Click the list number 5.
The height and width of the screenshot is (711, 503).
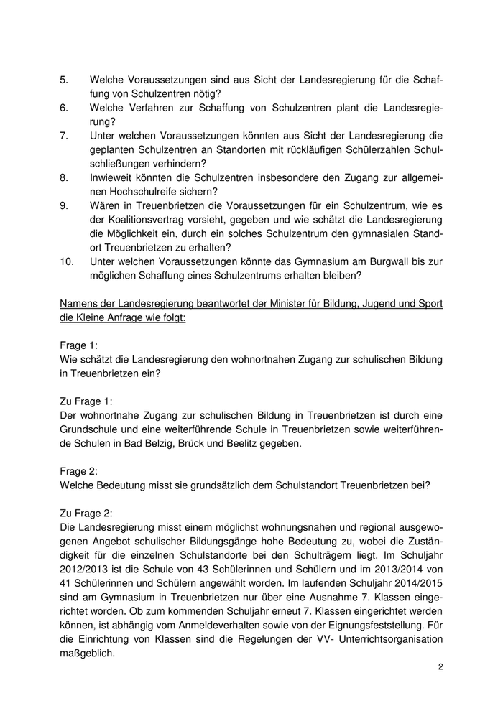pyautogui.click(x=64, y=80)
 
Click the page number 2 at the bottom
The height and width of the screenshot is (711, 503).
pyautogui.click(x=440, y=667)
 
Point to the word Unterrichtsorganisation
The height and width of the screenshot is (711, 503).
pyautogui.click(x=382, y=639)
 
